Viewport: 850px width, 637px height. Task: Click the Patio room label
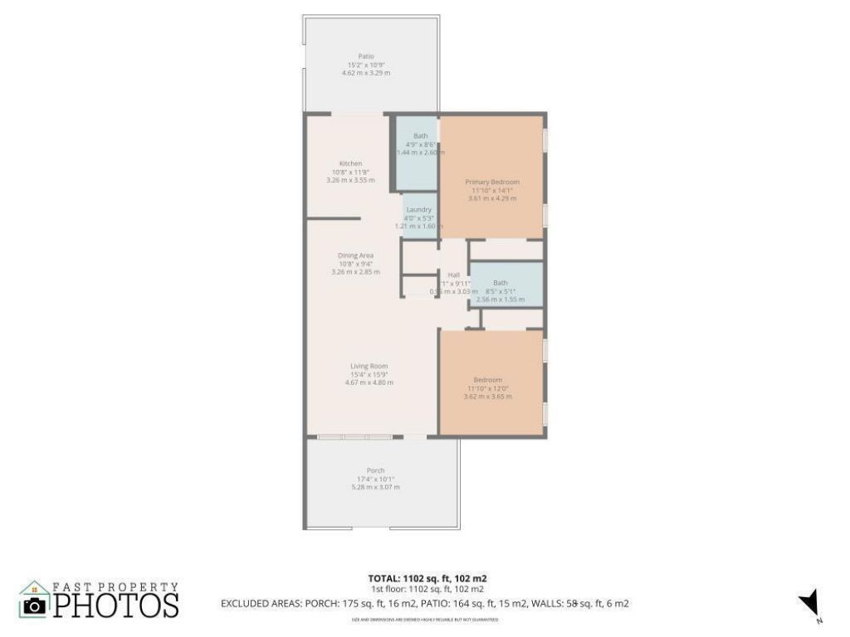(x=365, y=56)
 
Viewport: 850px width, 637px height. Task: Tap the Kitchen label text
(x=350, y=163)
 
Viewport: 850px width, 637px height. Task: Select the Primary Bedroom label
(x=492, y=182)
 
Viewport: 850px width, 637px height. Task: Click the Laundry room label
(x=419, y=210)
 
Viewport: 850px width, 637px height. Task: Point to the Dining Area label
(x=355, y=255)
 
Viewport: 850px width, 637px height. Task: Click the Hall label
(x=453, y=275)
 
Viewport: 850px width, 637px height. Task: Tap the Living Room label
(x=369, y=366)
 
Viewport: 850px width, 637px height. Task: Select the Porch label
(x=375, y=470)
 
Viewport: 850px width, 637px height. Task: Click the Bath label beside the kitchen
(x=421, y=136)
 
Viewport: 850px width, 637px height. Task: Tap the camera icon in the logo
(x=34, y=606)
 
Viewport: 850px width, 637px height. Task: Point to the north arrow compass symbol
(x=809, y=604)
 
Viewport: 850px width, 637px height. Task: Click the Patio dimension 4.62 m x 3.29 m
(x=365, y=73)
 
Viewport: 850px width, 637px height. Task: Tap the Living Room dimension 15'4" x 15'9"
(x=369, y=374)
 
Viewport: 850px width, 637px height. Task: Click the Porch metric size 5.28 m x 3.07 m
(x=375, y=487)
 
